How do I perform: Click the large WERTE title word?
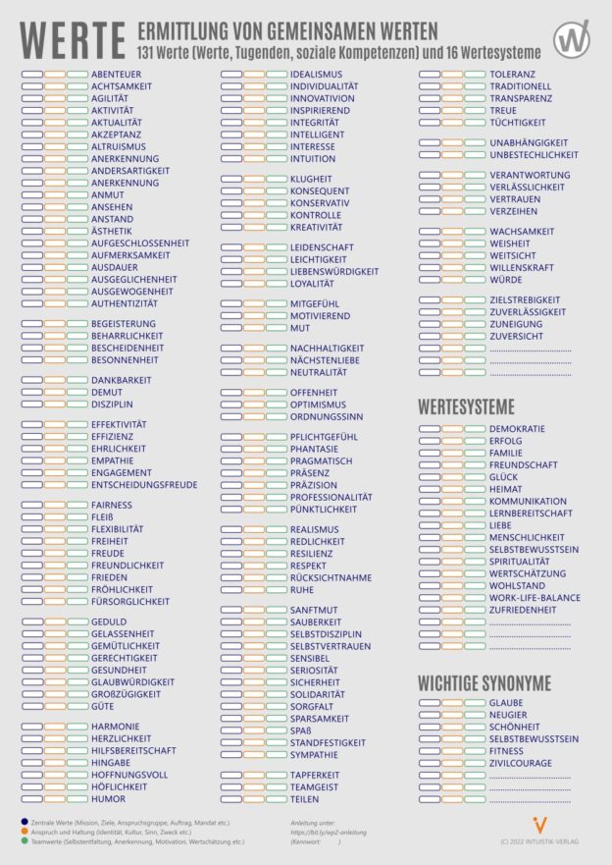[x=73, y=41]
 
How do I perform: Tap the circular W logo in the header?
[x=571, y=40]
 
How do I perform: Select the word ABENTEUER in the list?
[x=116, y=75]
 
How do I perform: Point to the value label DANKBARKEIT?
[x=121, y=380]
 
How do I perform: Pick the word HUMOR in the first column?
[x=108, y=799]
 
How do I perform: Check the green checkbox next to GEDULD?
[x=77, y=622]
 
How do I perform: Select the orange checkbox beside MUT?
[x=253, y=328]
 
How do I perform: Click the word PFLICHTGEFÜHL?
[x=325, y=437]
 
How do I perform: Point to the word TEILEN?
[x=305, y=799]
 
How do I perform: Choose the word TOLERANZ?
[x=512, y=75]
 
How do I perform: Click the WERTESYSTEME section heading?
[x=466, y=406]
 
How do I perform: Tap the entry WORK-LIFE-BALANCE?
[x=535, y=598]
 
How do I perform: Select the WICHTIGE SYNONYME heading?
[x=484, y=682]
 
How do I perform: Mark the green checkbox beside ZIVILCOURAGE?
[x=475, y=764]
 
